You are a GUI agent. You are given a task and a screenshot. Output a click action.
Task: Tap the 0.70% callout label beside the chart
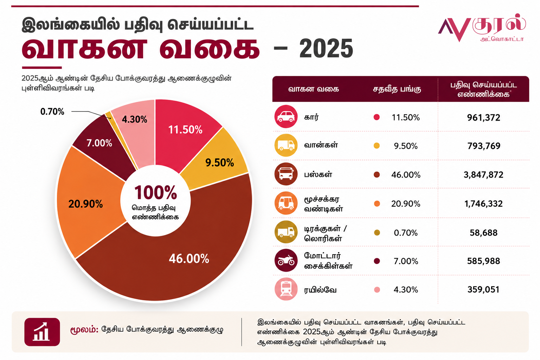click(x=52, y=112)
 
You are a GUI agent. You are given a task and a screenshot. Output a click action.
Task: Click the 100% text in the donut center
click(x=155, y=193)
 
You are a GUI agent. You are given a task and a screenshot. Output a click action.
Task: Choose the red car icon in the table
click(x=286, y=116)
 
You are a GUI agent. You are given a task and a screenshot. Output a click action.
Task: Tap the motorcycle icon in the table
click(x=286, y=261)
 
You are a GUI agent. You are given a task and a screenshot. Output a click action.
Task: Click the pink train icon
click(x=286, y=289)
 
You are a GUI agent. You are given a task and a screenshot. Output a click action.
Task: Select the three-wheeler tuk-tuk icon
click(x=286, y=203)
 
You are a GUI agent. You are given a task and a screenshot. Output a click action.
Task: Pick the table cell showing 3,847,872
click(x=483, y=175)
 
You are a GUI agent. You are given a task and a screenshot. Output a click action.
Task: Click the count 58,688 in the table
click(x=483, y=233)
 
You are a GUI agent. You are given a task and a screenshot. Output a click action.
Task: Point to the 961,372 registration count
click(x=483, y=117)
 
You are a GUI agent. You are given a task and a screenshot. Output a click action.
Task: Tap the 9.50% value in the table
click(x=405, y=146)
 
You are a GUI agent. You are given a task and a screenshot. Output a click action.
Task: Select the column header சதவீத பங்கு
click(x=397, y=89)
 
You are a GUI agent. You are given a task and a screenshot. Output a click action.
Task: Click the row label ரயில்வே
click(x=320, y=290)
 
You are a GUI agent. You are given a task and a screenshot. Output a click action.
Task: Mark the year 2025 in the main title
click(x=326, y=49)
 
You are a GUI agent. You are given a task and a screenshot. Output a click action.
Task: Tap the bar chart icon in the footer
click(x=42, y=332)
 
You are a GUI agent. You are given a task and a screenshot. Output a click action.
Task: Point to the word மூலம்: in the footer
click(x=84, y=329)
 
